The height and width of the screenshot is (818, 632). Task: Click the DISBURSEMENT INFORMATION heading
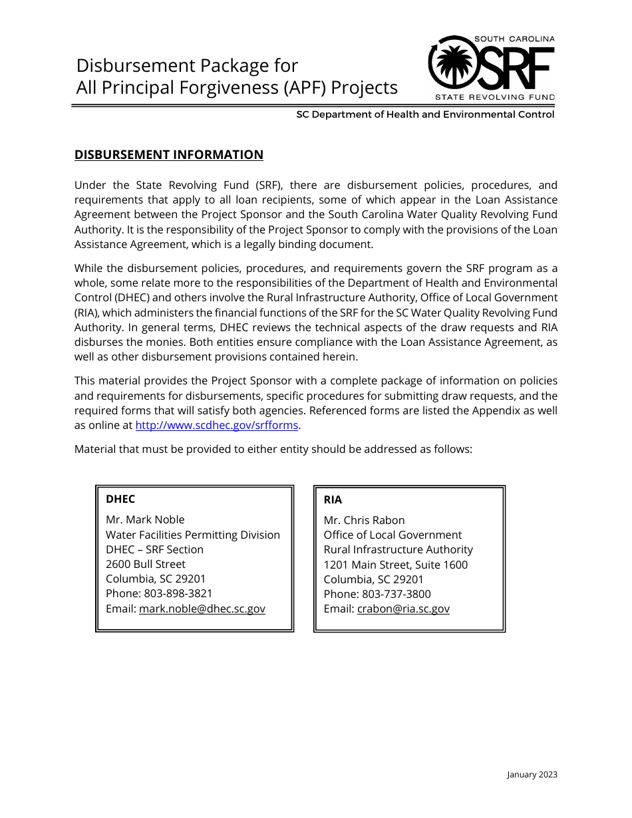(x=169, y=155)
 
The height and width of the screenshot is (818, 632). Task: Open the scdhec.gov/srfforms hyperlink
(x=216, y=426)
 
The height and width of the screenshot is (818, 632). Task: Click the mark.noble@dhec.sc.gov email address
(x=202, y=609)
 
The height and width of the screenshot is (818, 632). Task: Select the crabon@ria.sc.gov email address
(x=403, y=609)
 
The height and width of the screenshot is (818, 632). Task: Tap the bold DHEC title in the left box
(x=120, y=499)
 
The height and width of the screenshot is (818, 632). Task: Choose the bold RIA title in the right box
(x=333, y=499)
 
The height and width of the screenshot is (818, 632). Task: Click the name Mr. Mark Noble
(x=145, y=519)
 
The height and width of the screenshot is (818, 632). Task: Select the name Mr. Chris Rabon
(x=364, y=520)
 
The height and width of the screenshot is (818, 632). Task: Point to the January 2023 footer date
(x=532, y=774)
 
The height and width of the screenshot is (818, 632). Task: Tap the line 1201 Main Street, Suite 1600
(x=395, y=565)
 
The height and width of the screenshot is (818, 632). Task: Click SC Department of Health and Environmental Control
(x=425, y=114)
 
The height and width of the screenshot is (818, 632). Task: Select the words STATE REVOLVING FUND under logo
(x=494, y=97)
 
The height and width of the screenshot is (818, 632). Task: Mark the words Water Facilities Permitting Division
(x=193, y=535)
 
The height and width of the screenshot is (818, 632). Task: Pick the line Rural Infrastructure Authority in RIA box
(x=398, y=549)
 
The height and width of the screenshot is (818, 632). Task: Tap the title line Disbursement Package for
(x=188, y=65)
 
